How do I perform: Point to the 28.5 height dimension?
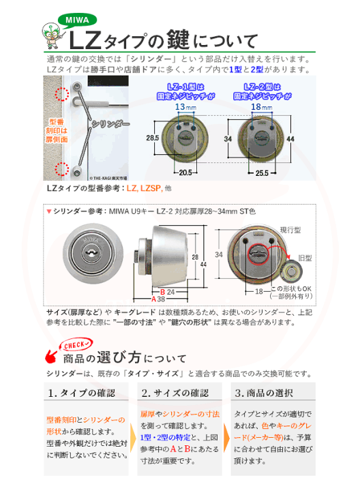pos(152,138)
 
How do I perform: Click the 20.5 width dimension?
pos(185,173)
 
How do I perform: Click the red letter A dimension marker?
pos(153,299)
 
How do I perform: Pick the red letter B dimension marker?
pos(153,291)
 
